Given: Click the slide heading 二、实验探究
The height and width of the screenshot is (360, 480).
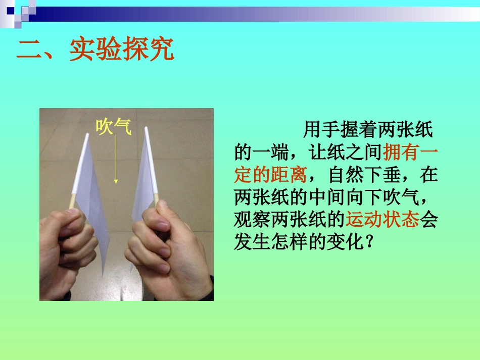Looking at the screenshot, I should pos(95,50).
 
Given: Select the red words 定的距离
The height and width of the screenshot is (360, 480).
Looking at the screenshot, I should pos(271,175).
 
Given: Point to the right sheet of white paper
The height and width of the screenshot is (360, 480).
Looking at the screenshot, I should pos(143,177).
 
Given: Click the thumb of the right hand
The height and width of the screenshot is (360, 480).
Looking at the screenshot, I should pos(152,212).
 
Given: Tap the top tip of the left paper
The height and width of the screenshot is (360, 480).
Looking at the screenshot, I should pos(86,135).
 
